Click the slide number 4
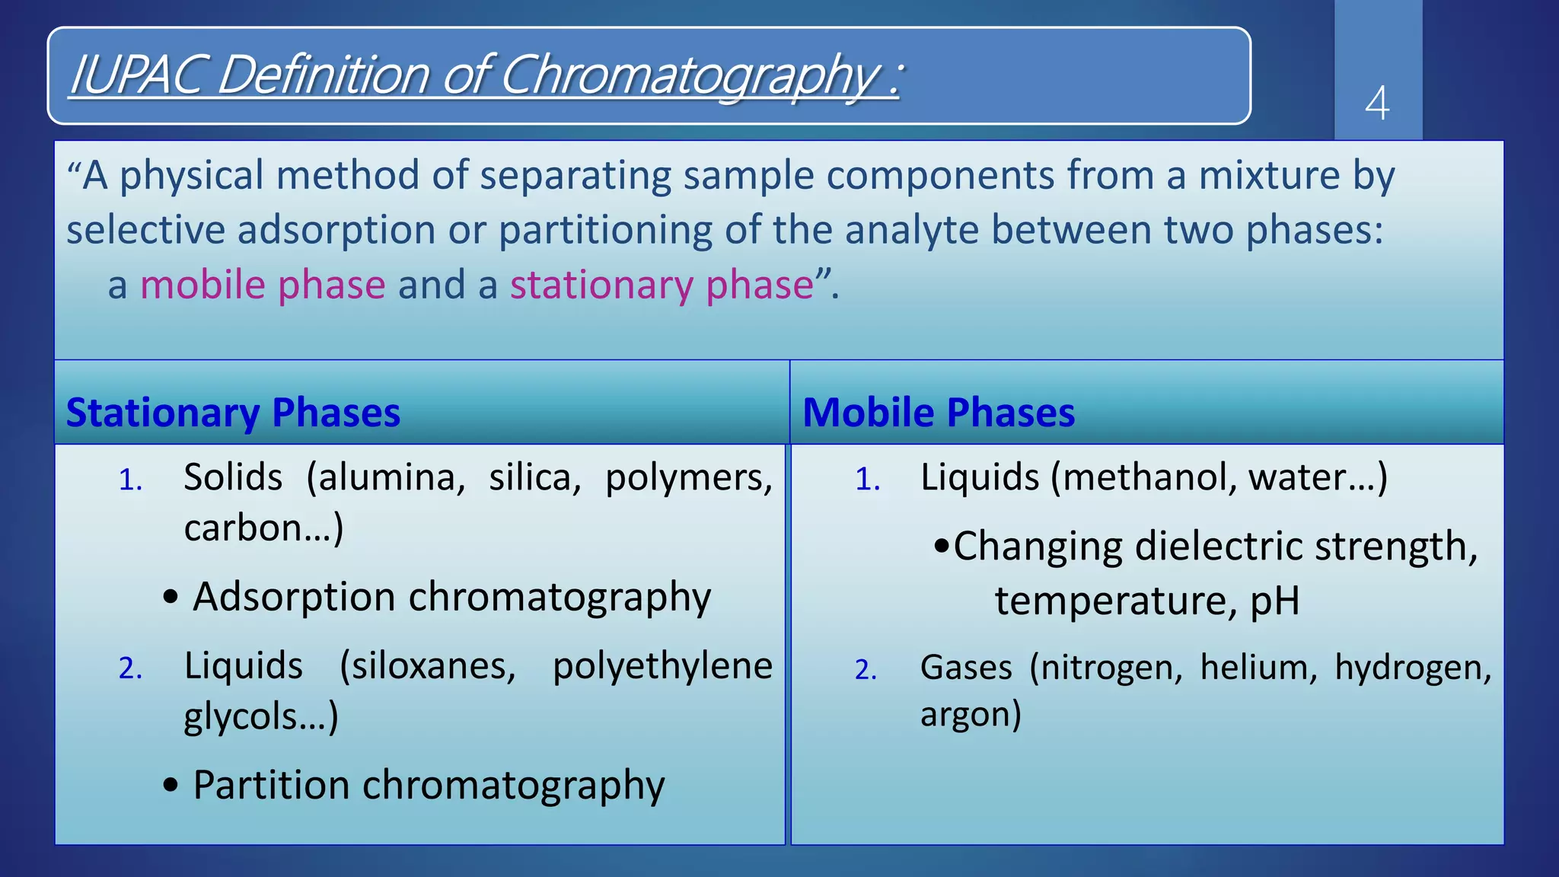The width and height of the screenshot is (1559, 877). [x=1377, y=104]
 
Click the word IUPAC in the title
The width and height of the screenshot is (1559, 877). [x=135, y=75]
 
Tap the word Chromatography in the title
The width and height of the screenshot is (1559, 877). [x=690, y=75]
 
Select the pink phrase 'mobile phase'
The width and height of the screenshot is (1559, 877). [x=263, y=285]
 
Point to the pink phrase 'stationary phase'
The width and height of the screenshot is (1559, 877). [x=662, y=285]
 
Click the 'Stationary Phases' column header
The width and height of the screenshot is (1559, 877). [x=233, y=413]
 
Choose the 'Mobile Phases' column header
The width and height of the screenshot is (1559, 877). [x=939, y=413]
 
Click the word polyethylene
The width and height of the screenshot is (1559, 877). [x=662, y=666]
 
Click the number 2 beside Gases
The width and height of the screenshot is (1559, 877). [x=866, y=670]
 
